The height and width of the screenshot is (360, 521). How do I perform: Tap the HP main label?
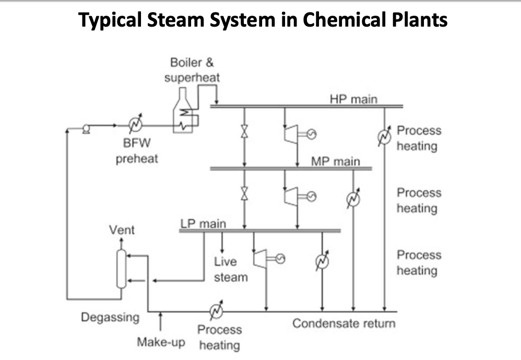click(353, 99)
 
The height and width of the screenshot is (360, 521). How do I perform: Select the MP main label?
click(335, 161)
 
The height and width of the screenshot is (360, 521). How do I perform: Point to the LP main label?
click(203, 224)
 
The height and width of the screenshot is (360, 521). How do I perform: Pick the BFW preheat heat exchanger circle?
click(137, 125)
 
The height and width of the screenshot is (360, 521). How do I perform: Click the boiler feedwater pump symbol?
click(86, 125)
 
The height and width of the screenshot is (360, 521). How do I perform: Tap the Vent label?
click(121, 230)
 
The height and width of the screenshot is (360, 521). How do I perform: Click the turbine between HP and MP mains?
click(290, 134)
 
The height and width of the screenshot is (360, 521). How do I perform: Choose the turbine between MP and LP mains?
click(290, 196)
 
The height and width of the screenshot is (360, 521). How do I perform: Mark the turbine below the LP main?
click(259, 258)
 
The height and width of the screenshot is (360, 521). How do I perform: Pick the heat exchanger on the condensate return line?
click(216, 311)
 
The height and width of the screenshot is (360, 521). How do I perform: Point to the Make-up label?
click(160, 342)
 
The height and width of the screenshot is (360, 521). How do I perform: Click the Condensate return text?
click(344, 323)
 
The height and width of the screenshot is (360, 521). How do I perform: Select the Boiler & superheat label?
click(192, 70)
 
